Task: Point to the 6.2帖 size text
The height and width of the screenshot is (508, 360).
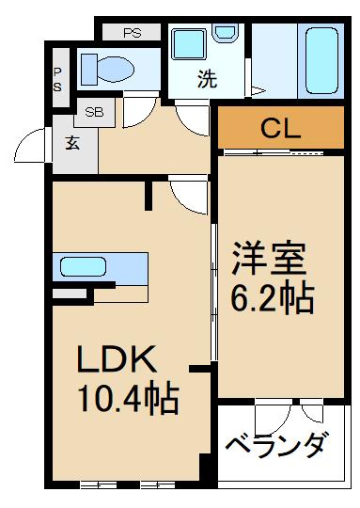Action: (x=273, y=298)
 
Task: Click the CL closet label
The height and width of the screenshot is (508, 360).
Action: (x=280, y=128)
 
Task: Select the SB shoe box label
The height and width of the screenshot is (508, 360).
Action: (x=94, y=112)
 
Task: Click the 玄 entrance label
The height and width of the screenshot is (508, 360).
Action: (x=73, y=144)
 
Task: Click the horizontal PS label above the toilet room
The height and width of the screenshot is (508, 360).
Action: (x=132, y=32)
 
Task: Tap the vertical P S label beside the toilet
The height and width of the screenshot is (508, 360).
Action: (x=57, y=79)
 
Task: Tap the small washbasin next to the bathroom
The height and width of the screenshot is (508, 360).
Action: (x=226, y=35)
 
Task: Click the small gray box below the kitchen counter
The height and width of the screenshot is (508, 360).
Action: (x=67, y=294)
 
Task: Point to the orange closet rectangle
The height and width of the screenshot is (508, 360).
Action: (x=280, y=128)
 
